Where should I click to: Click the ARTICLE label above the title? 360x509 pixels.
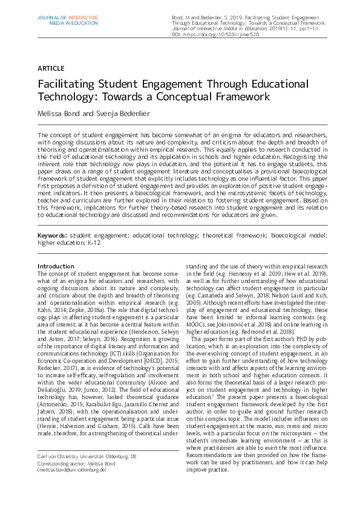50,68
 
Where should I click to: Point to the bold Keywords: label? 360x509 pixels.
52,235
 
